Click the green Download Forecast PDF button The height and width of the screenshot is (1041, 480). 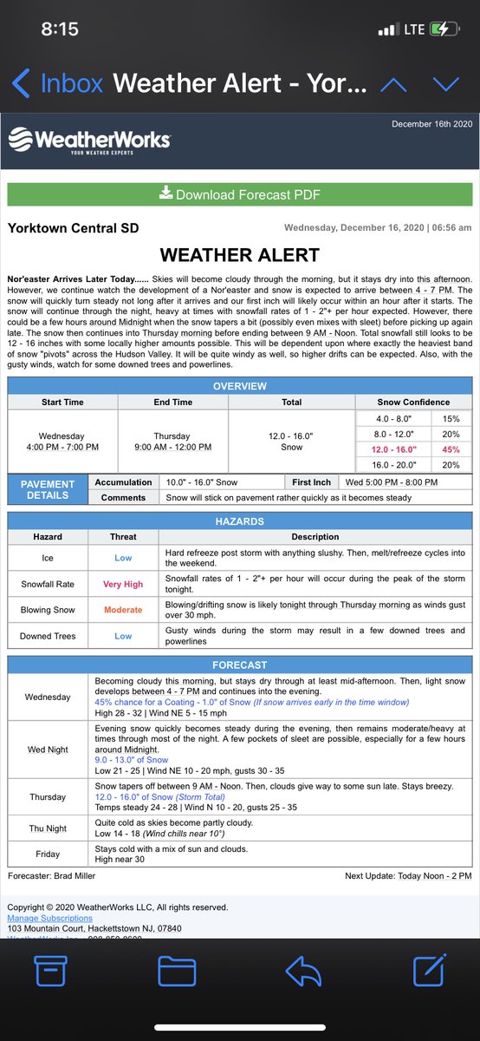click(240, 194)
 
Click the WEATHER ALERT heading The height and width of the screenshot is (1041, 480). click(240, 255)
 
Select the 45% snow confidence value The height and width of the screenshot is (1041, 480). click(451, 449)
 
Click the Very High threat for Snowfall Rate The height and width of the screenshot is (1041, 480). click(123, 585)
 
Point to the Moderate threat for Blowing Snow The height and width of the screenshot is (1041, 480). click(123, 610)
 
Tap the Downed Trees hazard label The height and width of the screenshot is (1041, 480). click(48, 636)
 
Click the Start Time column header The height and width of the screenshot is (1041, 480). click(62, 403)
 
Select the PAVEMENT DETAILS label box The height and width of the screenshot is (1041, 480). click(48, 490)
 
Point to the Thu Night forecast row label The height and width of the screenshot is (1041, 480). click(48, 828)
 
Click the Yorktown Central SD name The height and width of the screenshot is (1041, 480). click(73, 228)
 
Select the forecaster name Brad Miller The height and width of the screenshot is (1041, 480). click(76, 876)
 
